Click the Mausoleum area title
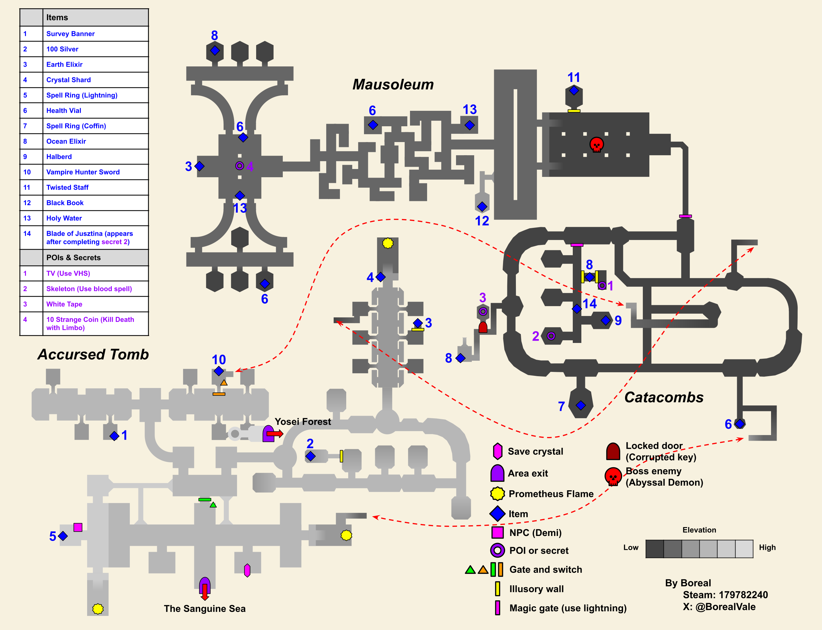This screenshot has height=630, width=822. (x=393, y=85)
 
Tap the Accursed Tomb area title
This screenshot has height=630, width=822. (x=93, y=354)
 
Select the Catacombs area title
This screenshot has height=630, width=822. (x=664, y=398)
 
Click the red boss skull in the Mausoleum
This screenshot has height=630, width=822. (x=596, y=144)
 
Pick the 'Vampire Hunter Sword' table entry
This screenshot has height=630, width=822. (x=83, y=172)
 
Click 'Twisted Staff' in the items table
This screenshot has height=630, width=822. (x=67, y=187)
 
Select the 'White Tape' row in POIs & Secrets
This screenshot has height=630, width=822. (x=64, y=304)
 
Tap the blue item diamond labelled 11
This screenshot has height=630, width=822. (x=574, y=90)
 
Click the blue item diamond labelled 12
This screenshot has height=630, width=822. (x=482, y=206)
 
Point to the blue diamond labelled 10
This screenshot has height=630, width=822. (x=219, y=371)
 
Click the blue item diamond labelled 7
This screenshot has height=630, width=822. (x=581, y=405)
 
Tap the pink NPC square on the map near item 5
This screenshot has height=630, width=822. (x=78, y=527)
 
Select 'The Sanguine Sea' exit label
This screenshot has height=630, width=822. (x=205, y=609)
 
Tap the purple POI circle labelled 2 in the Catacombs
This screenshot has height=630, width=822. (x=550, y=336)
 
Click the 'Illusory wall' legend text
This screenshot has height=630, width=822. (x=536, y=589)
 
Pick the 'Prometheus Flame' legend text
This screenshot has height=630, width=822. (x=551, y=494)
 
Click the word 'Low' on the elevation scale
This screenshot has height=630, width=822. (x=631, y=547)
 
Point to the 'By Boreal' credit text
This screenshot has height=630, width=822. (x=688, y=583)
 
